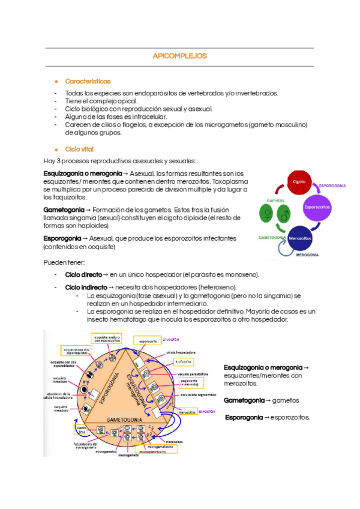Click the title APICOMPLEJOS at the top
(179, 56)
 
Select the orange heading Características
(88, 81)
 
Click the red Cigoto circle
(298, 181)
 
